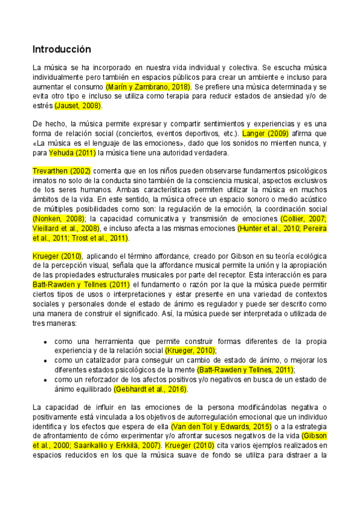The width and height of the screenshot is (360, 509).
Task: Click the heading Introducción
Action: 61,49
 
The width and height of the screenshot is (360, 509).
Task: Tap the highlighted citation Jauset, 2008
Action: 78,106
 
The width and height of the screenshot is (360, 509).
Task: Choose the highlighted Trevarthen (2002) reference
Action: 62,171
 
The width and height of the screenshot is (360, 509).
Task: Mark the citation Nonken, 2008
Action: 58,218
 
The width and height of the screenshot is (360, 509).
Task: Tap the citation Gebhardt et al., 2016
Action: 151,389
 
